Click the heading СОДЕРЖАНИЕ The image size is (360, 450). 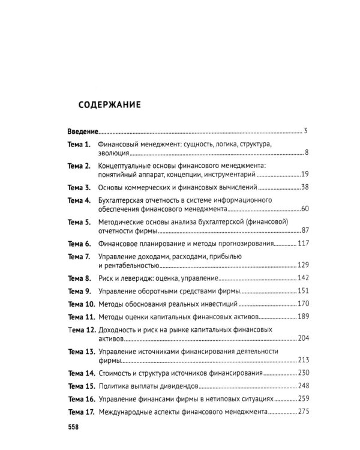109,104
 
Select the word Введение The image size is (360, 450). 82,131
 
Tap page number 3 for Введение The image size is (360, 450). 305,131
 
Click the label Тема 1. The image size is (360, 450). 79,145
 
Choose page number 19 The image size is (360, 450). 304,175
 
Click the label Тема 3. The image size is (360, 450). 79,188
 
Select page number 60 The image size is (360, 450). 304,209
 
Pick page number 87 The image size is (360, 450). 304,231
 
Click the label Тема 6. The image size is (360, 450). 79,244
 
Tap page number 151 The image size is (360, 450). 302,291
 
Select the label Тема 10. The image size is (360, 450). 81,304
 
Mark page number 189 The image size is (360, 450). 302,316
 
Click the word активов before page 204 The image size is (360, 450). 111,338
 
